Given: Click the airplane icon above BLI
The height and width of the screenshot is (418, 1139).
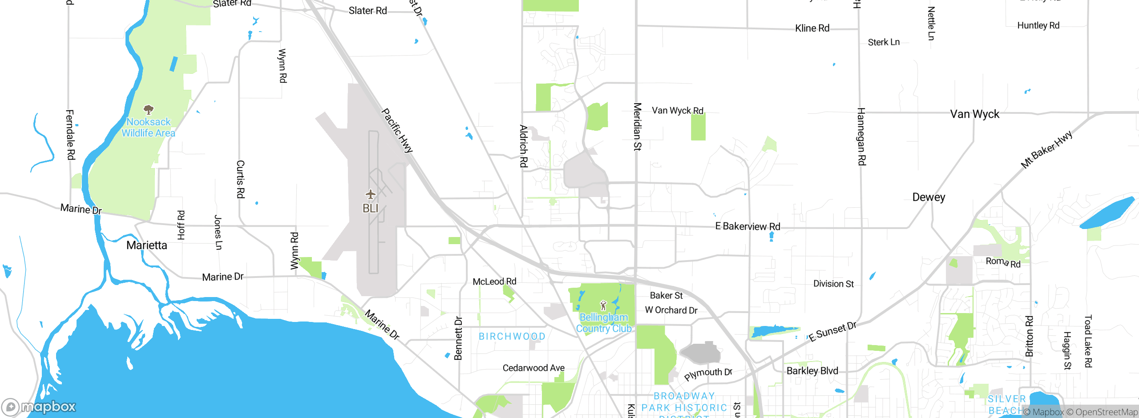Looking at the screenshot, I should coord(370,194).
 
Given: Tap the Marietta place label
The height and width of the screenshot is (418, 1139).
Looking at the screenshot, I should coord(147,245).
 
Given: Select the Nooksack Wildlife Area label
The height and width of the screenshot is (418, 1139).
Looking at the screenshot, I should coord(149,128).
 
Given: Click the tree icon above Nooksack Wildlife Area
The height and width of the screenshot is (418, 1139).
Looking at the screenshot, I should coord(149,109).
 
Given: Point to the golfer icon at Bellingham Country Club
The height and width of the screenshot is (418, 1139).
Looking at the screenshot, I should coord(603,305).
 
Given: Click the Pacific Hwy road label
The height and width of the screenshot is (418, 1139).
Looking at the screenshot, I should coord(397,131).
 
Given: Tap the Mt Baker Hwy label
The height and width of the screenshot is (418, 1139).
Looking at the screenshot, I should coord(1046,150).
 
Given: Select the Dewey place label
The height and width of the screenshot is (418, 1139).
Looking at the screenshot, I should coord(929,197).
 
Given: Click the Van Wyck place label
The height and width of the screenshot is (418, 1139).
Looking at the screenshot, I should coord(974,114).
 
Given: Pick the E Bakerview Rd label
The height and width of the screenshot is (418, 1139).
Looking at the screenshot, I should coord(747,226).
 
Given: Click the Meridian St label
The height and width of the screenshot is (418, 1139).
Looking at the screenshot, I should coord(637,127).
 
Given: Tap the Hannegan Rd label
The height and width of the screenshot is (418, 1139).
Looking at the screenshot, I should coord(861,137).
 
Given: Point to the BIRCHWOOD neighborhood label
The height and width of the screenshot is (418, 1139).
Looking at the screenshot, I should coord(512,337).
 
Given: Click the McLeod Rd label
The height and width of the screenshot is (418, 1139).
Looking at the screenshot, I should coord(494,281).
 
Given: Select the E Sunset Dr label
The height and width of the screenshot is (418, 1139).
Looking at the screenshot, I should coord(832,332).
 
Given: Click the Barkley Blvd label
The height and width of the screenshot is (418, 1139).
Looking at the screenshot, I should coord(812,371).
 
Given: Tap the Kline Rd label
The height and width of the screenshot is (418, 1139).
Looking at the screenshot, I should coord(812,28).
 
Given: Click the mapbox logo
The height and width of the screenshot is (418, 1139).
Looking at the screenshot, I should coord(39,406).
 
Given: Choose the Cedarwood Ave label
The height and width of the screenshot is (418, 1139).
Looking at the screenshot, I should coord(533,368).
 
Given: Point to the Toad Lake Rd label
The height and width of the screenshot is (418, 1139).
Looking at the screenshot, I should coord(1088,341).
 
